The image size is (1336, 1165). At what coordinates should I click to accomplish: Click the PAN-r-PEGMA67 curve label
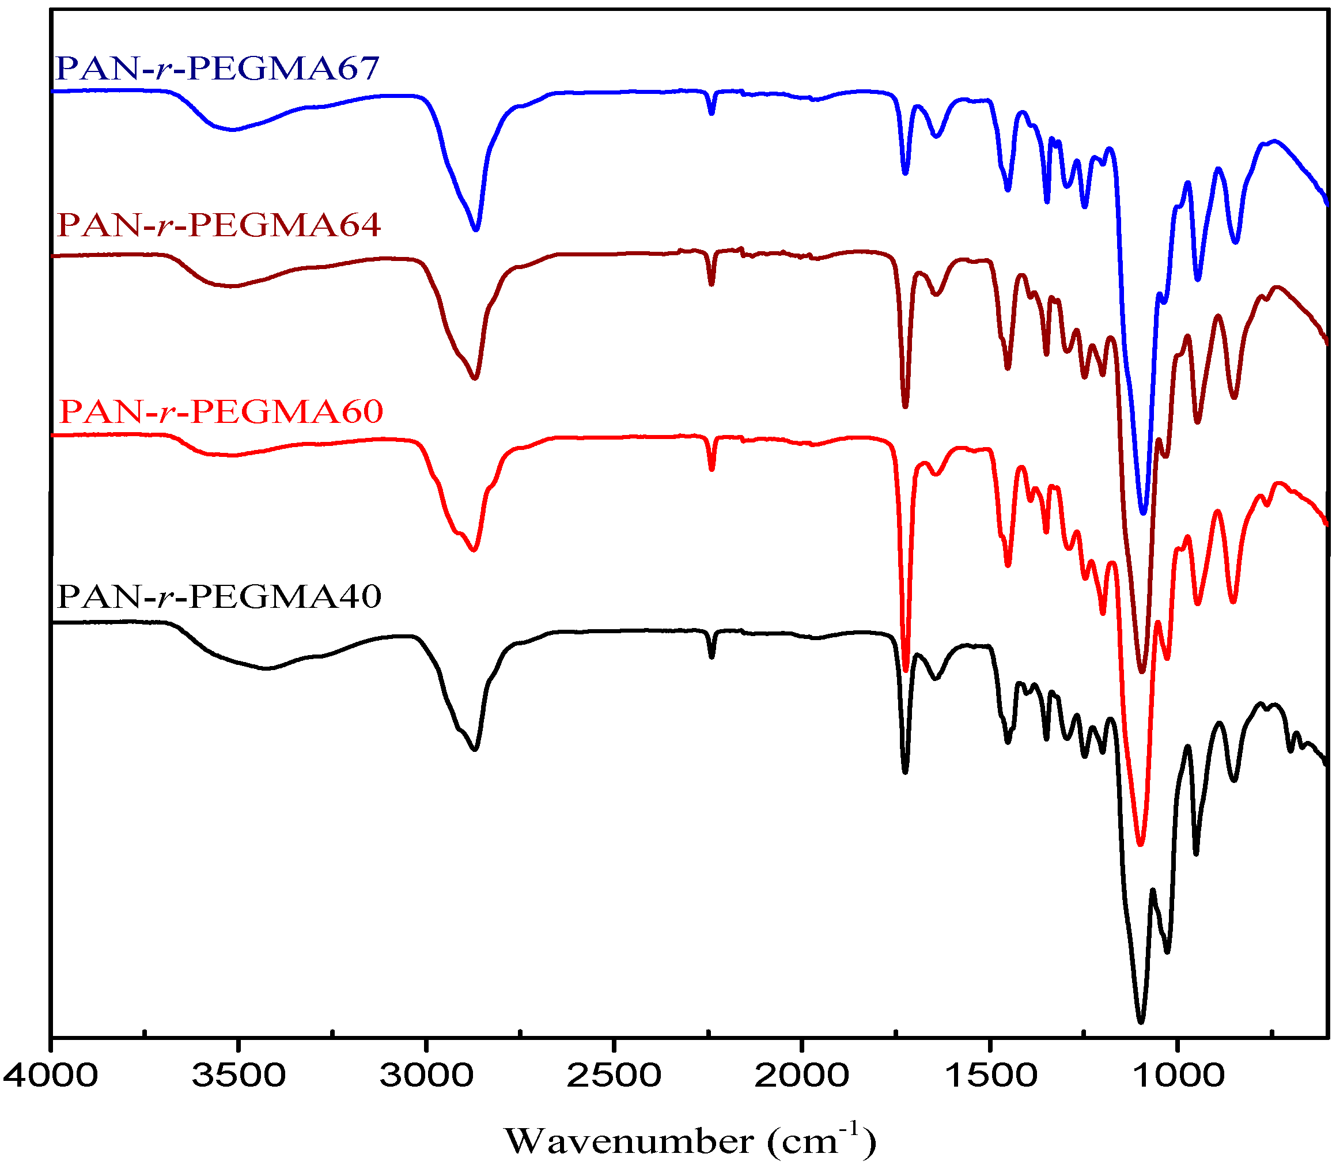point(218,68)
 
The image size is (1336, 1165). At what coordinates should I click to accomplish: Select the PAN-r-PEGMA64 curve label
point(219,225)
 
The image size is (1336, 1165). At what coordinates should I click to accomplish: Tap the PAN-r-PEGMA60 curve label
point(221,411)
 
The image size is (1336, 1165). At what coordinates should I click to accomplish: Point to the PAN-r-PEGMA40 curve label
point(219,596)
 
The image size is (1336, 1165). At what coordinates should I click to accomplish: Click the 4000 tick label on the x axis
point(51,1075)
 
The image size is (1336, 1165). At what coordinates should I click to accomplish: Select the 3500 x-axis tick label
point(239,1075)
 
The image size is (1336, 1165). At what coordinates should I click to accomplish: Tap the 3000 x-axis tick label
point(426,1075)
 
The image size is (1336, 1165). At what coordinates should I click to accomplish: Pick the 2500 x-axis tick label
point(614,1075)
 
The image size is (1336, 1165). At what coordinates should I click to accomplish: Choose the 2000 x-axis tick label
point(801,1075)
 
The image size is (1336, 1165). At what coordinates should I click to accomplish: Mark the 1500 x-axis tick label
point(990,1075)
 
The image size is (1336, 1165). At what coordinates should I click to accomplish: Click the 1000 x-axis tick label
point(1178,1075)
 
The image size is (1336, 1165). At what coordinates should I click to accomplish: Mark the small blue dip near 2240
point(712,113)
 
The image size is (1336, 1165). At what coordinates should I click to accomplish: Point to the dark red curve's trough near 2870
point(475,378)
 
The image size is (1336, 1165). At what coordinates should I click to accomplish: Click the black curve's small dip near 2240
point(712,657)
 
